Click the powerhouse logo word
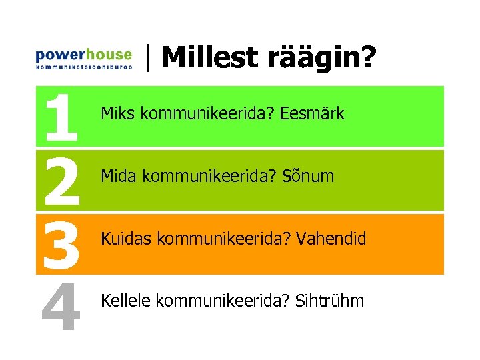[83, 54]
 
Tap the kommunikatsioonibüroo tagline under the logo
[83, 67]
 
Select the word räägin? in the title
[319, 59]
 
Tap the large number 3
[61, 243]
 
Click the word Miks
[115, 114]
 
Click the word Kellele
[125, 301]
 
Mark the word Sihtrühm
[331, 301]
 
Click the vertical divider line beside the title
[147, 57]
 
